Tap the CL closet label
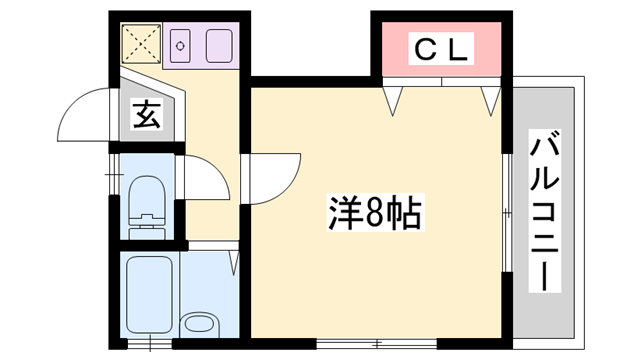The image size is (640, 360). [441, 50]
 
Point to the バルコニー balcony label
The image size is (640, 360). [545, 211]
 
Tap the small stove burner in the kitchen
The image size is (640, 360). [181, 45]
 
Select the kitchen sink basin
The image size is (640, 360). [217, 45]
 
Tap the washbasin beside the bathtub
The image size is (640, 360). [198, 323]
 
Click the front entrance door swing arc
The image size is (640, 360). [85, 112]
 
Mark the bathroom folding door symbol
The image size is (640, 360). [234, 261]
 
